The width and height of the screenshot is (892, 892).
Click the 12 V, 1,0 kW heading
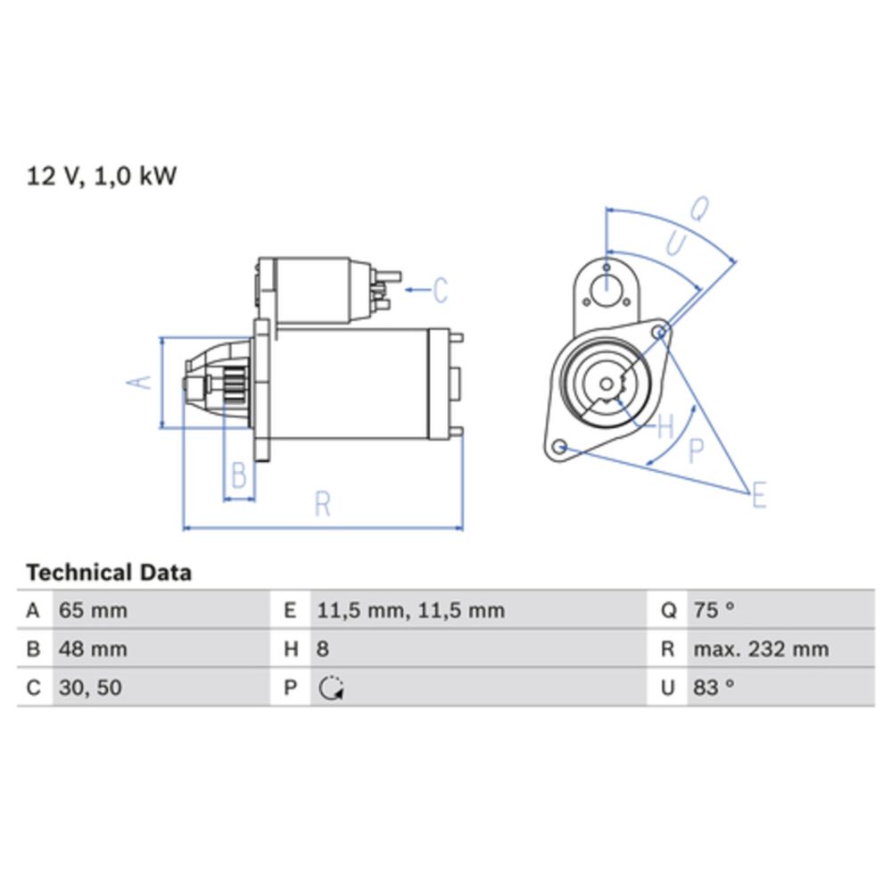[x=102, y=177]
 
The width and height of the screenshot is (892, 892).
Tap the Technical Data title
[x=109, y=573]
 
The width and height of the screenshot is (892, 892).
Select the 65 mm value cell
[x=93, y=610]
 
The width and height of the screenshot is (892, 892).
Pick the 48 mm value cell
[x=93, y=649]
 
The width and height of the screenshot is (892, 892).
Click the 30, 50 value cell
[x=90, y=688]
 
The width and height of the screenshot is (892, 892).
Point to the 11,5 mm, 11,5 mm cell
[x=410, y=610]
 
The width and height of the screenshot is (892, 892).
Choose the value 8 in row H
[x=323, y=649]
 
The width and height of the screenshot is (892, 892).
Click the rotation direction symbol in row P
[x=331, y=688]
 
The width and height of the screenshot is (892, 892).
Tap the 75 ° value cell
[x=714, y=610]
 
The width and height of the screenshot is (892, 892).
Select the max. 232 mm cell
[x=761, y=649]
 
